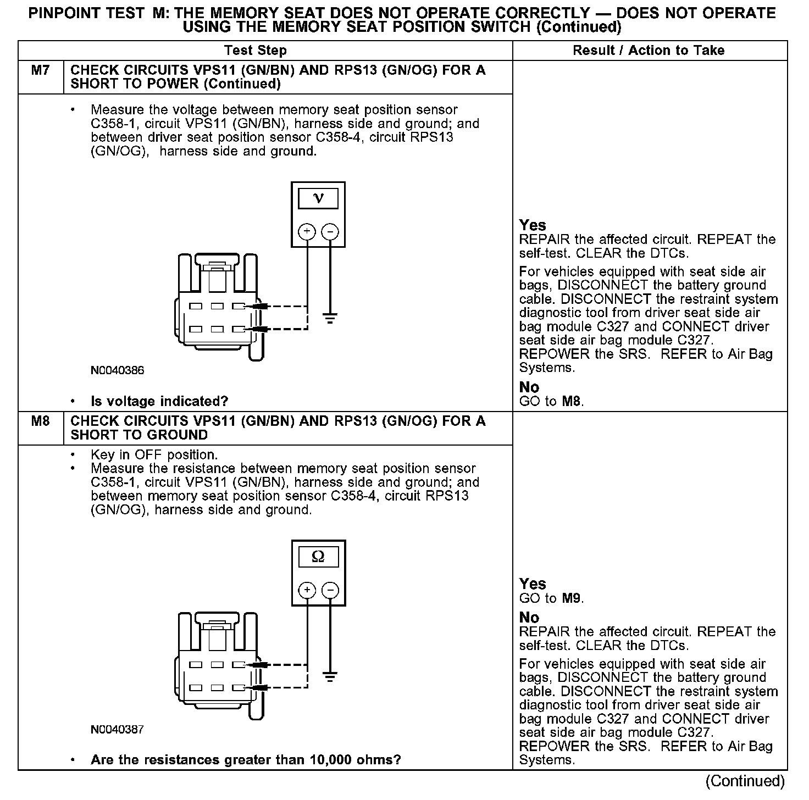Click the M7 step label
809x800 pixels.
[x=40, y=71]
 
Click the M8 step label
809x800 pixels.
[x=40, y=421]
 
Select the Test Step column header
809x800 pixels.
[x=256, y=51]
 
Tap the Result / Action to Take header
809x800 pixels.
[x=649, y=51]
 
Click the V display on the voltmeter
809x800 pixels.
[x=318, y=198]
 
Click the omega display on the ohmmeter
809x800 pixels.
[x=318, y=557]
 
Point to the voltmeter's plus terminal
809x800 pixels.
[x=307, y=231]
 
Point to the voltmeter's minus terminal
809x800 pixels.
[x=330, y=231]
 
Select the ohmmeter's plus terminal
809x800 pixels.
[x=307, y=590]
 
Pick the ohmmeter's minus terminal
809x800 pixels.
[x=330, y=590]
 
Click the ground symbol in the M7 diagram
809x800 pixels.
[x=330, y=318]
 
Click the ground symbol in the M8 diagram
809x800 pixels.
[x=330, y=676]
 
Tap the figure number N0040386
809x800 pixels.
[x=118, y=370]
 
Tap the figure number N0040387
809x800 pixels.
[x=118, y=729]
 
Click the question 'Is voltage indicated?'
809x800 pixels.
[x=159, y=402]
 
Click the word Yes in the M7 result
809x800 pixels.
[x=533, y=225]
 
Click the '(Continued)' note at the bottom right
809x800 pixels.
[x=745, y=781]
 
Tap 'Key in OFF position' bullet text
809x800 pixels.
[x=154, y=455]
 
